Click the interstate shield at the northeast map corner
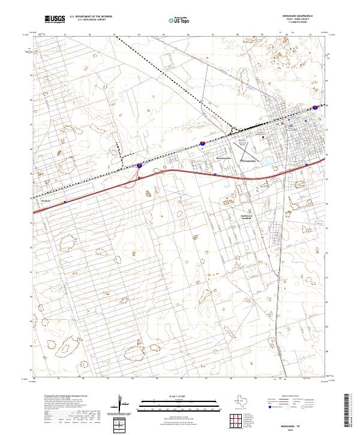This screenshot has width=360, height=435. point(316,109)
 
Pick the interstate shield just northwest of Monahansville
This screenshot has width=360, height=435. point(203,144)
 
